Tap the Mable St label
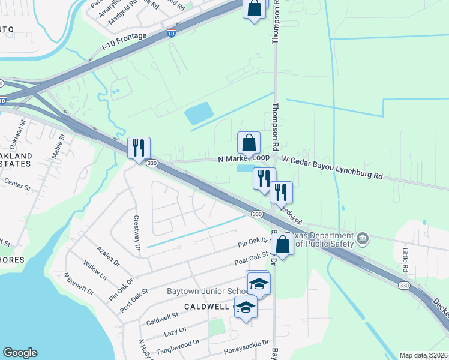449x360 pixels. (x=57, y=146)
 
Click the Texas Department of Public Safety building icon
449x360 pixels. (x=363, y=239)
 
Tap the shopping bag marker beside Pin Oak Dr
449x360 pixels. (x=282, y=244)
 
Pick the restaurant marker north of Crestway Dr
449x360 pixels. (x=139, y=148)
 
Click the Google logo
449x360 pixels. (x=20, y=353)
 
